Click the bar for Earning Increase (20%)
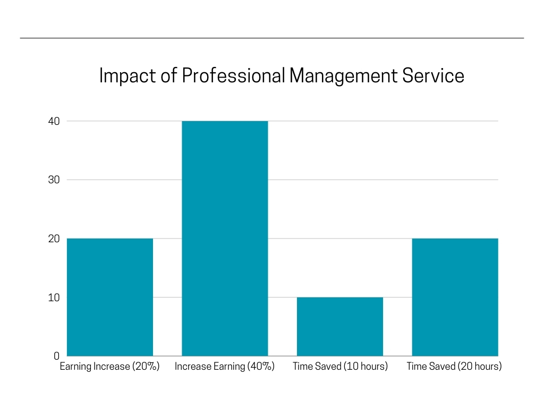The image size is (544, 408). point(110,297)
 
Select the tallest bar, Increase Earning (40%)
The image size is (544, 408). point(225,239)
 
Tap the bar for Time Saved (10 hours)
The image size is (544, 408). point(340,326)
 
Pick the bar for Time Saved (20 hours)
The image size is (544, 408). point(455,297)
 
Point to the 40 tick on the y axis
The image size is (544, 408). point(54,121)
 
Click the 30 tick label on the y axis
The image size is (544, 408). point(54,180)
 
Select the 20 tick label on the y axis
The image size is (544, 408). point(54,239)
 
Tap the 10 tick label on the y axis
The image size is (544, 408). point(54,297)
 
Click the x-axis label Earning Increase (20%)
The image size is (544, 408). point(110,367)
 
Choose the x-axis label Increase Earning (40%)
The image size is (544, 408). point(225,367)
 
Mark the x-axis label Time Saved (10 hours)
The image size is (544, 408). point(340,367)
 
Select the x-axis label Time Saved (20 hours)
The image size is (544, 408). point(454,367)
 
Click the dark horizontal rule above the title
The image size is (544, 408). point(272,38)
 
